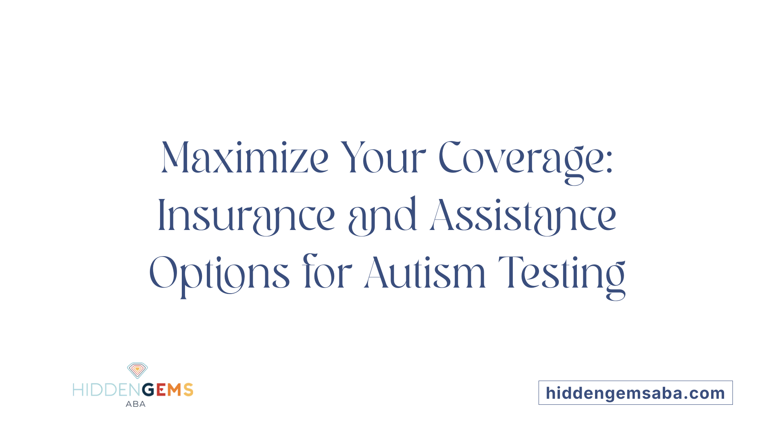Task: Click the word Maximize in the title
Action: click(245, 158)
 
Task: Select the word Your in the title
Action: click(383, 158)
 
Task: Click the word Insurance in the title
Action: click(246, 216)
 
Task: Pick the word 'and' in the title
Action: click(382, 216)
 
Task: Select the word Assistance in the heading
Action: click(523, 216)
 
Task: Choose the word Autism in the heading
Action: click(425, 273)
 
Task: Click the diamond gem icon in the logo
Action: click(137, 370)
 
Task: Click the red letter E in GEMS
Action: click(161, 390)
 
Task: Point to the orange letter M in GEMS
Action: click(175, 390)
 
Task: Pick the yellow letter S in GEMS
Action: click(188, 390)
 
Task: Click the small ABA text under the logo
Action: click(135, 404)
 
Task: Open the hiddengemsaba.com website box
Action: click(635, 393)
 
